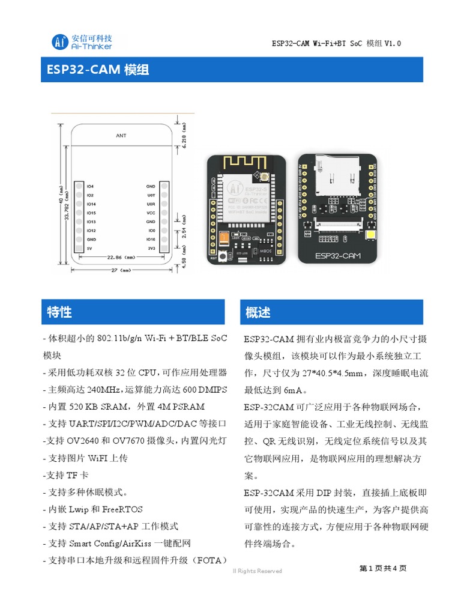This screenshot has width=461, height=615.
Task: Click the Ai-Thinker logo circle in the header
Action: (59, 41)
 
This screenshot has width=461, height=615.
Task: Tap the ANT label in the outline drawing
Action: (121, 136)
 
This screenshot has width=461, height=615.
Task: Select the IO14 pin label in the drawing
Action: (91, 204)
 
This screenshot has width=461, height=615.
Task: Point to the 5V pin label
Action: (89, 247)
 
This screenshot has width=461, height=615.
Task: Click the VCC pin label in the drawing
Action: (151, 213)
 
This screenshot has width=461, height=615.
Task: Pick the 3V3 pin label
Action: (151, 247)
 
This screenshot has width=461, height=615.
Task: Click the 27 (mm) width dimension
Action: (122, 270)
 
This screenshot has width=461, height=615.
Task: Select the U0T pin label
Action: (151, 195)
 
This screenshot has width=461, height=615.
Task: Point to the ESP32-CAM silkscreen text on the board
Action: (338, 256)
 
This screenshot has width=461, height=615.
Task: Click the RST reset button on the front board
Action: (223, 257)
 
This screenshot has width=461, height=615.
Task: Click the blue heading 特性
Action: (59, 312)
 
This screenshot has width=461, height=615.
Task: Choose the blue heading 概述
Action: (258, 312)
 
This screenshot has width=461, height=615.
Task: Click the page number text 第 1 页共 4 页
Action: (383, 568)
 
